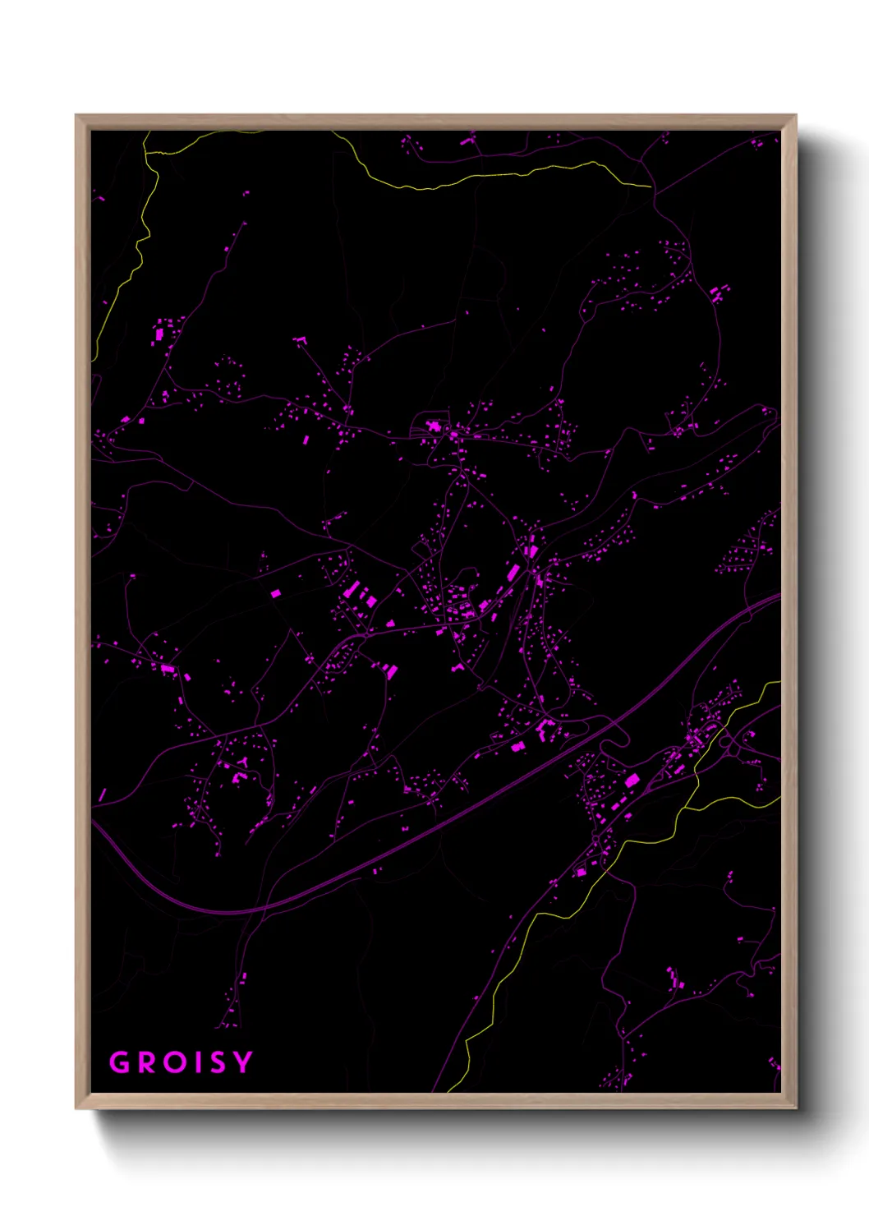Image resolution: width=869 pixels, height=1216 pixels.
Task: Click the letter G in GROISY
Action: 121,1062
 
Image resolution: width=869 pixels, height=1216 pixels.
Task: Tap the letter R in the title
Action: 148,1062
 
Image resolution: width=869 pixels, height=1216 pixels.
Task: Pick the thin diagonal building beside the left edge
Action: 102,795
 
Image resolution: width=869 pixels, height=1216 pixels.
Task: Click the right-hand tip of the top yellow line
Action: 651,187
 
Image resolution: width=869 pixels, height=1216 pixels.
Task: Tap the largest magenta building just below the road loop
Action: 632,780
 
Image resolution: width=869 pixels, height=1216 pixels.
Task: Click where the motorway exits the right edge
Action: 778,598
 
